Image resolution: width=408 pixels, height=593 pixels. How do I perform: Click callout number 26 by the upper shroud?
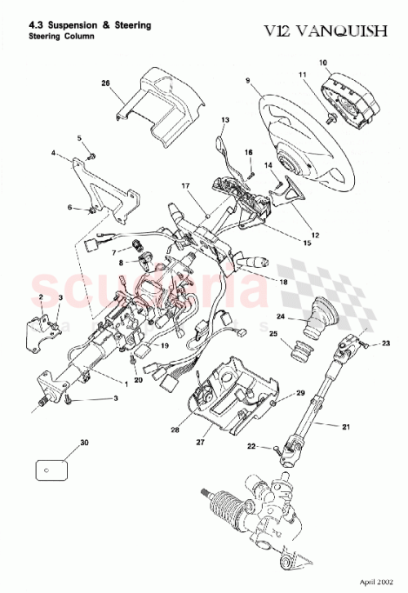[x=104, y=83]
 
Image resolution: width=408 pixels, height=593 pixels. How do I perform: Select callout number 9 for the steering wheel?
[x=246, y=79]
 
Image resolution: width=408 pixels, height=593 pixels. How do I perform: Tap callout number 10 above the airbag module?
[x=322, y=63]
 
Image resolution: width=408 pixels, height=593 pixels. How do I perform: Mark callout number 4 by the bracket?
[x=53, y=153]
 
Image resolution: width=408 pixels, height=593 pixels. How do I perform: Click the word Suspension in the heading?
[x=72, y=25]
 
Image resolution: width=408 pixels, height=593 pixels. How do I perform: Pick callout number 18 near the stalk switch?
[x=282, y=282]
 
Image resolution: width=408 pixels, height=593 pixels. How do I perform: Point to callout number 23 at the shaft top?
[x=386, y=342]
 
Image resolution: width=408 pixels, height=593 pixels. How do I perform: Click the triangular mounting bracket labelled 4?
[x=106, y=189]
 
